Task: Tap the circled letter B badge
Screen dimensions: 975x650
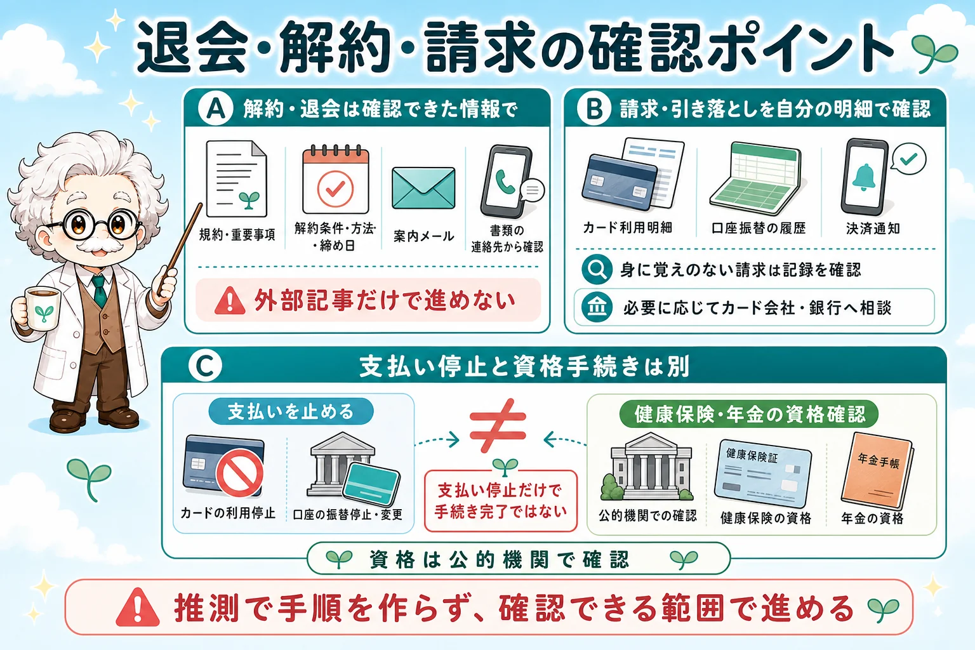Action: tap(594, 109)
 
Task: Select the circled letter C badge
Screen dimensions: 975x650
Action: tap(205, 366)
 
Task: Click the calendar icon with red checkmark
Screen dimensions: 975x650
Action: tap(336, 179)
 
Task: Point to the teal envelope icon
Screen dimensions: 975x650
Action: tap(423, 188)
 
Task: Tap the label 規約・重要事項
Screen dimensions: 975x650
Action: tap(237, 235)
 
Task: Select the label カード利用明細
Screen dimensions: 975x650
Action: tap(628, 228)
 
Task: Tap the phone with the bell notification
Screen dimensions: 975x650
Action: tap(865, 177)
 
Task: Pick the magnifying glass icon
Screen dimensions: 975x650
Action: tap(597, 270)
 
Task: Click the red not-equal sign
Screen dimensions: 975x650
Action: tap(498, 425)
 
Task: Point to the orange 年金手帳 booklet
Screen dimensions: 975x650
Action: tap(876, 470)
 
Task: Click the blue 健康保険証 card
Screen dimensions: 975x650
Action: tap(763, 473)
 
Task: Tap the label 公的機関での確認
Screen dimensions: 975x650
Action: tap(647, 516)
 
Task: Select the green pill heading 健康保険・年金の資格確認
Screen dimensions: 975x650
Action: tap(748, 414)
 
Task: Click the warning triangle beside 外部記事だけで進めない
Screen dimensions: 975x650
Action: tap(230, 302)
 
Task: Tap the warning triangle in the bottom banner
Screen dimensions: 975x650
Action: tap(138, 607)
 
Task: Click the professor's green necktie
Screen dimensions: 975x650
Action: tap(100, 291)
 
